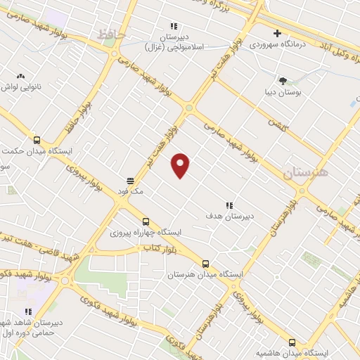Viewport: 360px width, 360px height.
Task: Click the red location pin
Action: (181, 165)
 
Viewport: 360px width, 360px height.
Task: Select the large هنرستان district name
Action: (306, 172)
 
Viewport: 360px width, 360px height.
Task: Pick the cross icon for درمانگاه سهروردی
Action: (278, 33)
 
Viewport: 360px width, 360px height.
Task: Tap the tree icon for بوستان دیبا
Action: (283, 81)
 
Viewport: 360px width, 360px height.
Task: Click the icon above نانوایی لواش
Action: (20, 75)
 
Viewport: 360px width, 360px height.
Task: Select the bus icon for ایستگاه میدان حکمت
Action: (37, 139)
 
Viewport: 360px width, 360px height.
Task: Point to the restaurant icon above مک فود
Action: (131, 180)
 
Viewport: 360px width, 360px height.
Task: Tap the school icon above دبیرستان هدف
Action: (229, 205)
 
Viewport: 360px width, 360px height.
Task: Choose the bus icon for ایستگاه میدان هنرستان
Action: (205, 264)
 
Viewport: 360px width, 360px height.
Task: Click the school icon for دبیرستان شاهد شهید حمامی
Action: (29, 311)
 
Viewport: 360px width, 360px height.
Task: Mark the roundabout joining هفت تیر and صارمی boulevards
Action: (189, 108)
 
